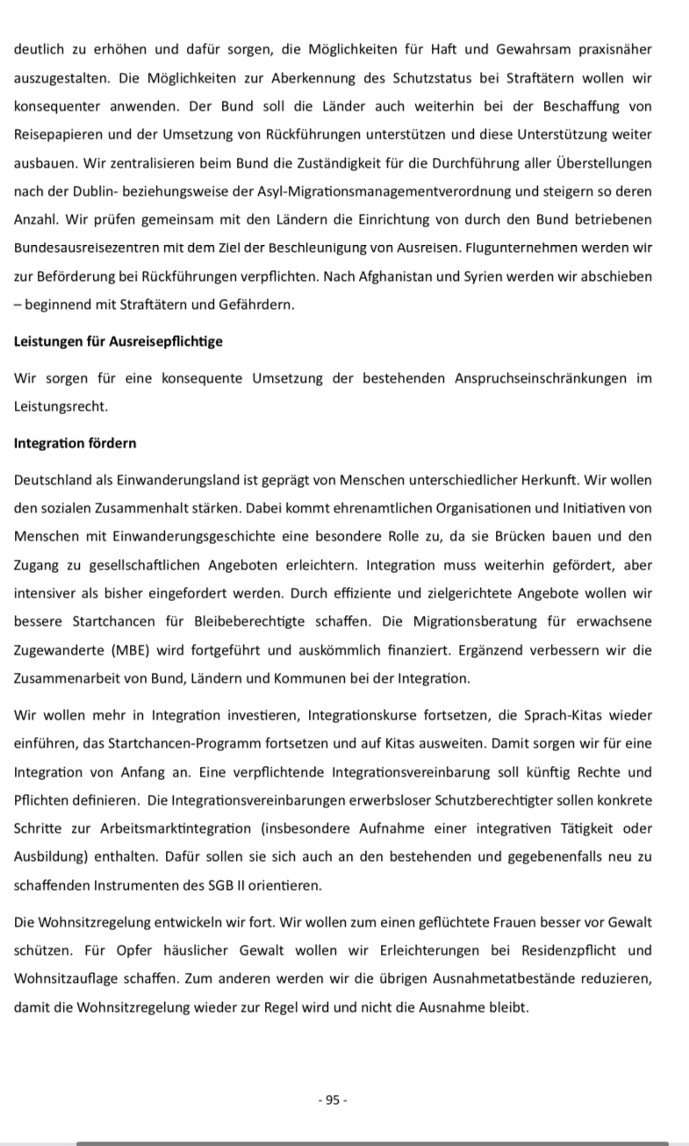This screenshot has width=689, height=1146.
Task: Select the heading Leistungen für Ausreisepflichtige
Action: click(118, 341)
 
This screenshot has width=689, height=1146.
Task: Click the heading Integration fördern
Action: click(75, 443)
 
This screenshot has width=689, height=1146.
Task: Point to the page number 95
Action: click(333, 1100)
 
